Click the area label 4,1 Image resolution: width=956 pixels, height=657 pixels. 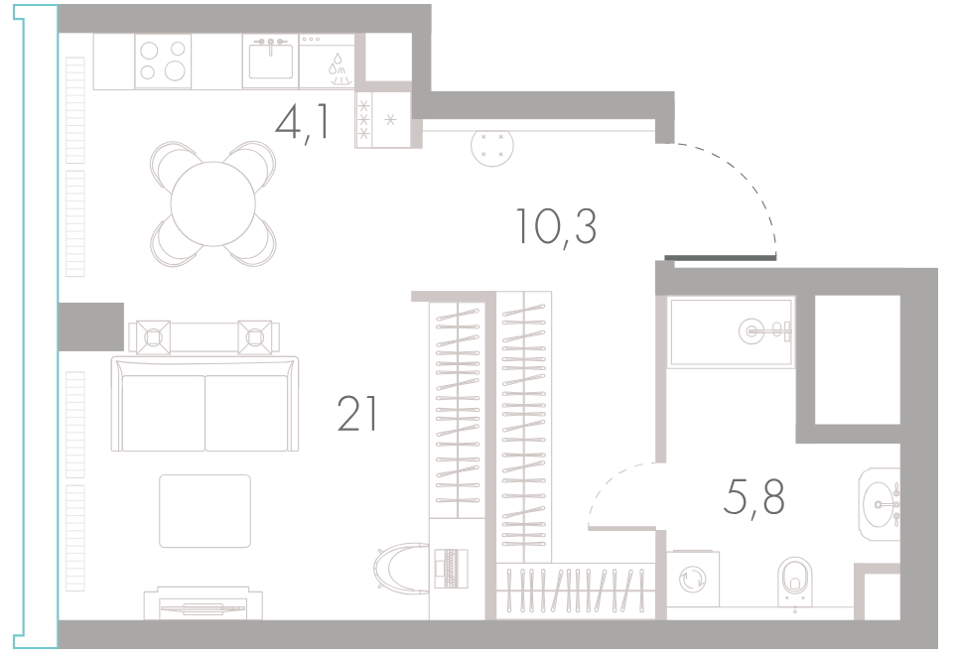(303, 122)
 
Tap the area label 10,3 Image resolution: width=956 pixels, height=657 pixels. (556, 226)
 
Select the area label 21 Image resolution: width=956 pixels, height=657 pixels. (358, 414)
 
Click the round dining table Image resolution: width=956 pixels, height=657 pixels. (212, 204)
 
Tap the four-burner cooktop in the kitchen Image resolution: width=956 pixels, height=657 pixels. (163, 61)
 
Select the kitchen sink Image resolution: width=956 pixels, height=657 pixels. (271, 61)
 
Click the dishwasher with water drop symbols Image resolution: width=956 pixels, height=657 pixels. (327, 61)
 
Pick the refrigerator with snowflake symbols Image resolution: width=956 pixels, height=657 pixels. (383, 119)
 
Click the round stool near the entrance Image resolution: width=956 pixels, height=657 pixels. (492, 146)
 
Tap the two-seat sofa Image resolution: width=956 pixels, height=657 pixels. (205, 404)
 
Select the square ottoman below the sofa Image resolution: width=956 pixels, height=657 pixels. (205, 511)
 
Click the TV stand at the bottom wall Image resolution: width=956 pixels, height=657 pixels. (204, 603)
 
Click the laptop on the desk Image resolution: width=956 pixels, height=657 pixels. (451, 569)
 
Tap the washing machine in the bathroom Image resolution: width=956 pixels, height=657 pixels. (693, 579)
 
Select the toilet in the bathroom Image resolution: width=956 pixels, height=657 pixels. (795, 584)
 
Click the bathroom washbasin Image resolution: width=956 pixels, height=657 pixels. (880, 504)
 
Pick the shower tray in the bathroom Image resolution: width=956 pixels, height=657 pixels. (731, 332)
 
